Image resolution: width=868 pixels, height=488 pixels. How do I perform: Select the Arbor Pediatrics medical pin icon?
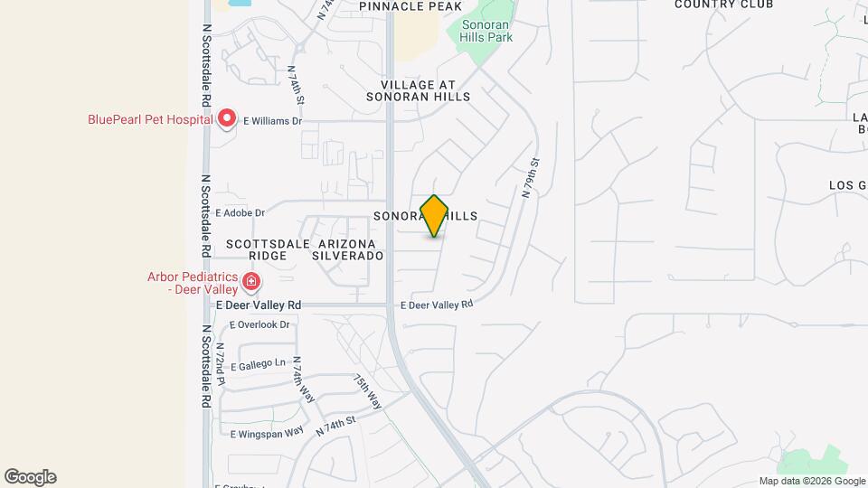point(251,283)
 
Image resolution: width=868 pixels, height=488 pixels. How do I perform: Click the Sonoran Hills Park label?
point(486,31)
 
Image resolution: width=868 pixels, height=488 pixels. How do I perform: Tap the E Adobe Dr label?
point(240,213)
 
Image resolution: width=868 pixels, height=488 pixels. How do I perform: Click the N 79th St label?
point(531,178)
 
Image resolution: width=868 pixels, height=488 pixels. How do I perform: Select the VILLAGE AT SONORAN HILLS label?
point(419,89)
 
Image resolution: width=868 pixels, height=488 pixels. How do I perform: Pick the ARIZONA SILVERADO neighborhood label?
point(347,249)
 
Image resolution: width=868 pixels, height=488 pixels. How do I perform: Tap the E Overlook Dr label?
point(259,324)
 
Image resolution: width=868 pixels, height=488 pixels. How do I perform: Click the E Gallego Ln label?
point(259,366)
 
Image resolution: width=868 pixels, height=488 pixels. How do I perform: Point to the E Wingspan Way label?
point(267,434)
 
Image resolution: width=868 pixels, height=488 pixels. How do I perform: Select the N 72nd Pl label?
point(220,360)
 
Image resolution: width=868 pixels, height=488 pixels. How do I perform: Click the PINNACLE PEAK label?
point(404,7)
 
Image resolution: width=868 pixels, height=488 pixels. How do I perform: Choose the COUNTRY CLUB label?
point(723,5)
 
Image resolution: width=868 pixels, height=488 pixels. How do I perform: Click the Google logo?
point(30,477)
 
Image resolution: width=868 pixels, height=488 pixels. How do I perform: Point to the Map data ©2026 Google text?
point(810,481)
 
